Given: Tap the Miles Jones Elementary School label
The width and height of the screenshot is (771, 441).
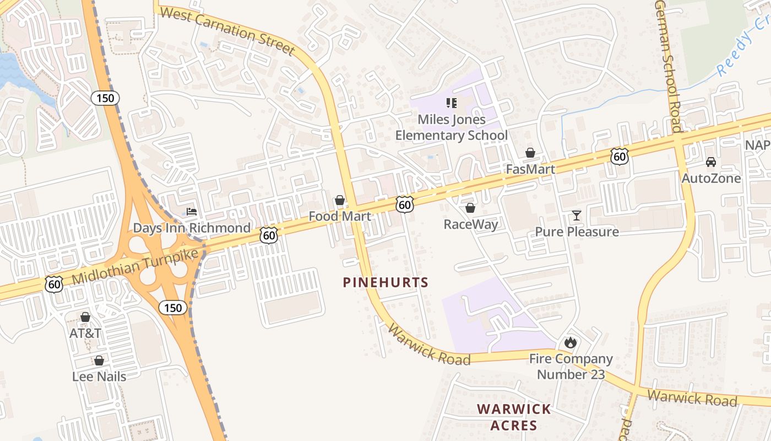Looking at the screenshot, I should click(452, 127).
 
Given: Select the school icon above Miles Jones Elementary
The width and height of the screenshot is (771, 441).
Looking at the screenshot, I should click(452, 103).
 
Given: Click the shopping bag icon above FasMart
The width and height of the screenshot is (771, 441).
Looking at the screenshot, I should click(530, 153).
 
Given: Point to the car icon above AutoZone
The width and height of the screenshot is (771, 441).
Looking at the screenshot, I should click(711, 162).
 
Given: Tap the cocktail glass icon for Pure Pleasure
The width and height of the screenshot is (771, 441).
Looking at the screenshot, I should click(577, 216).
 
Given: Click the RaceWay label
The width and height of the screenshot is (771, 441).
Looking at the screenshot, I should click(471, 224).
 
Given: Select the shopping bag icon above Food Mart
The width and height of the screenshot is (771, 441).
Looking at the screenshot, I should click(340, 200).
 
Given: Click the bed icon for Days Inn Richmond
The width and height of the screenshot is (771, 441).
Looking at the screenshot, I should click(192, 212).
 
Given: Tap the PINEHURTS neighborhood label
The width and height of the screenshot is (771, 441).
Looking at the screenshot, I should click(385, 283).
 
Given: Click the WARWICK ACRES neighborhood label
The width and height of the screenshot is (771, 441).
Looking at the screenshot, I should click(513, 417).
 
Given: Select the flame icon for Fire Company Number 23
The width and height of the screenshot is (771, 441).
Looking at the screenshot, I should click(571, 342).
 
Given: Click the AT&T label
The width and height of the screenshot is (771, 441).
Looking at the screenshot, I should click(85, 334).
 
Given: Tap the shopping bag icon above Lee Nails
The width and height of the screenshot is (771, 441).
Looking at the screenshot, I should click(99, 361).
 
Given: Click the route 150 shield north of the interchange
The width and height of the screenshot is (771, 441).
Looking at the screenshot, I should click(105, 98).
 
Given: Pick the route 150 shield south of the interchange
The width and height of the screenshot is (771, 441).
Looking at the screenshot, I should click(173, 308).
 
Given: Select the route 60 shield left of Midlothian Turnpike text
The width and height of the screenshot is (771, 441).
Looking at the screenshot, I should click(54, 284).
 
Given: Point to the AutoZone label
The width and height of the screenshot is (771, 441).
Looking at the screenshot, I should click(711, 179).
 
